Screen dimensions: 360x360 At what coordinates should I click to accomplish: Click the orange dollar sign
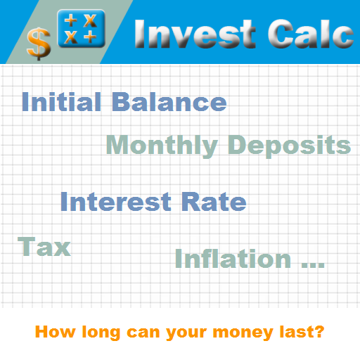[39, 44]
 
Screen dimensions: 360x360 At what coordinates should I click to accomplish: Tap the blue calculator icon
[81, 28]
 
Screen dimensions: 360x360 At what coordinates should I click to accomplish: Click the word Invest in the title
[195, 34]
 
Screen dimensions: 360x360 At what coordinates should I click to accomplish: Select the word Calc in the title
[311, 34]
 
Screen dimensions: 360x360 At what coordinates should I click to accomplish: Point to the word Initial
[61, 102]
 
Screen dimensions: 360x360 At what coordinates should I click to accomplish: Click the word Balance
[169, 102]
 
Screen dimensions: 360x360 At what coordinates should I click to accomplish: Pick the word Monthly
[162, 146]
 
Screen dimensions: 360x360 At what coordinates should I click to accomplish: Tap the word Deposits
[290, 146]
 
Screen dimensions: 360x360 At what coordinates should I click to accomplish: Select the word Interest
[116, 202]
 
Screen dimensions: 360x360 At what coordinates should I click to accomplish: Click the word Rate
[214, 202]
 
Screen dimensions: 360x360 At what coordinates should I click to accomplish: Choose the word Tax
[44, 246]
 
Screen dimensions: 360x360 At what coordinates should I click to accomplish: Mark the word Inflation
[233, 258]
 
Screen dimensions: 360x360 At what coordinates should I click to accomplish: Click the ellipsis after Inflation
[313, 265]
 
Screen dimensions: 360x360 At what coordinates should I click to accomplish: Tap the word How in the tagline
[56, 332]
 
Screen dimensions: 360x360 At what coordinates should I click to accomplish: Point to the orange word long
[101, 333]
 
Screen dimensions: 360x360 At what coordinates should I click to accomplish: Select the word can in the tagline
[143, 333]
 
